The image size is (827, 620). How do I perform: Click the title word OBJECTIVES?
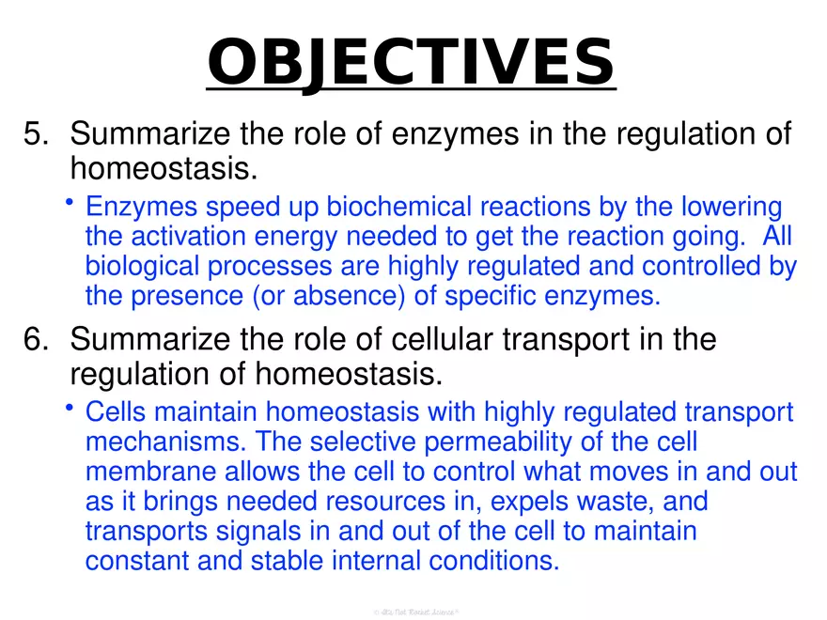[x=411, y=61]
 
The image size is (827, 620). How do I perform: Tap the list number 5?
[x=35, y=135]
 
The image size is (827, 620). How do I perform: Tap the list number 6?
[x=35, y=340]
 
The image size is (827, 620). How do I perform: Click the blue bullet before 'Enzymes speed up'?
[x=70, y=202]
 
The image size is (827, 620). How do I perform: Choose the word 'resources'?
[x=392, y=502]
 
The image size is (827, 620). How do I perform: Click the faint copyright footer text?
[x=414, y=612]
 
